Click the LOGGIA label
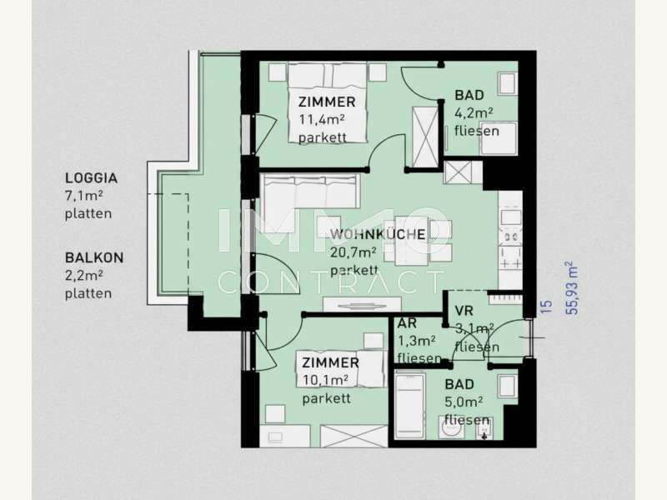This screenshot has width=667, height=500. coord(91,177)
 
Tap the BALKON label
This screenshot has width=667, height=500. coord(94,257)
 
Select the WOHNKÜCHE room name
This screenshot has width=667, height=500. coord(378,234)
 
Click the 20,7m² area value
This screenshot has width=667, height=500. coord(353,252)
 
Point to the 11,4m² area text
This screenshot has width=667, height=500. coord(321,119)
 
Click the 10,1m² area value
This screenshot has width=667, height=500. coord(325,380)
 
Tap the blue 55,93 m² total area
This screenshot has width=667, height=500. coord(573,287)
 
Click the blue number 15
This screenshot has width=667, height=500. coord(546,307)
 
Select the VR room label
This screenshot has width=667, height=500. coord(464,311)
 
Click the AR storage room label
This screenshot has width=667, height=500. coord(407,323)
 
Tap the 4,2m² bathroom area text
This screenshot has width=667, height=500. coord(474,112)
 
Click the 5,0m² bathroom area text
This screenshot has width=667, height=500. coord(464,402)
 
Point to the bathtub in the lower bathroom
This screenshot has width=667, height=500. coord(409,406)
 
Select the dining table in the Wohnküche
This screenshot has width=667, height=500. coord(411,241)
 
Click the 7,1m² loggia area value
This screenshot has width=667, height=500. coord(84,196)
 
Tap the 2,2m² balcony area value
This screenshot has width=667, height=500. coord(84,276)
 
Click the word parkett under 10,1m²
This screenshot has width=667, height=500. coord(326,398)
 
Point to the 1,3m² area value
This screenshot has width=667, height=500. coord(416,341)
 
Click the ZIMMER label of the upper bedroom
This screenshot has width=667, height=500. coord(327,102)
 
